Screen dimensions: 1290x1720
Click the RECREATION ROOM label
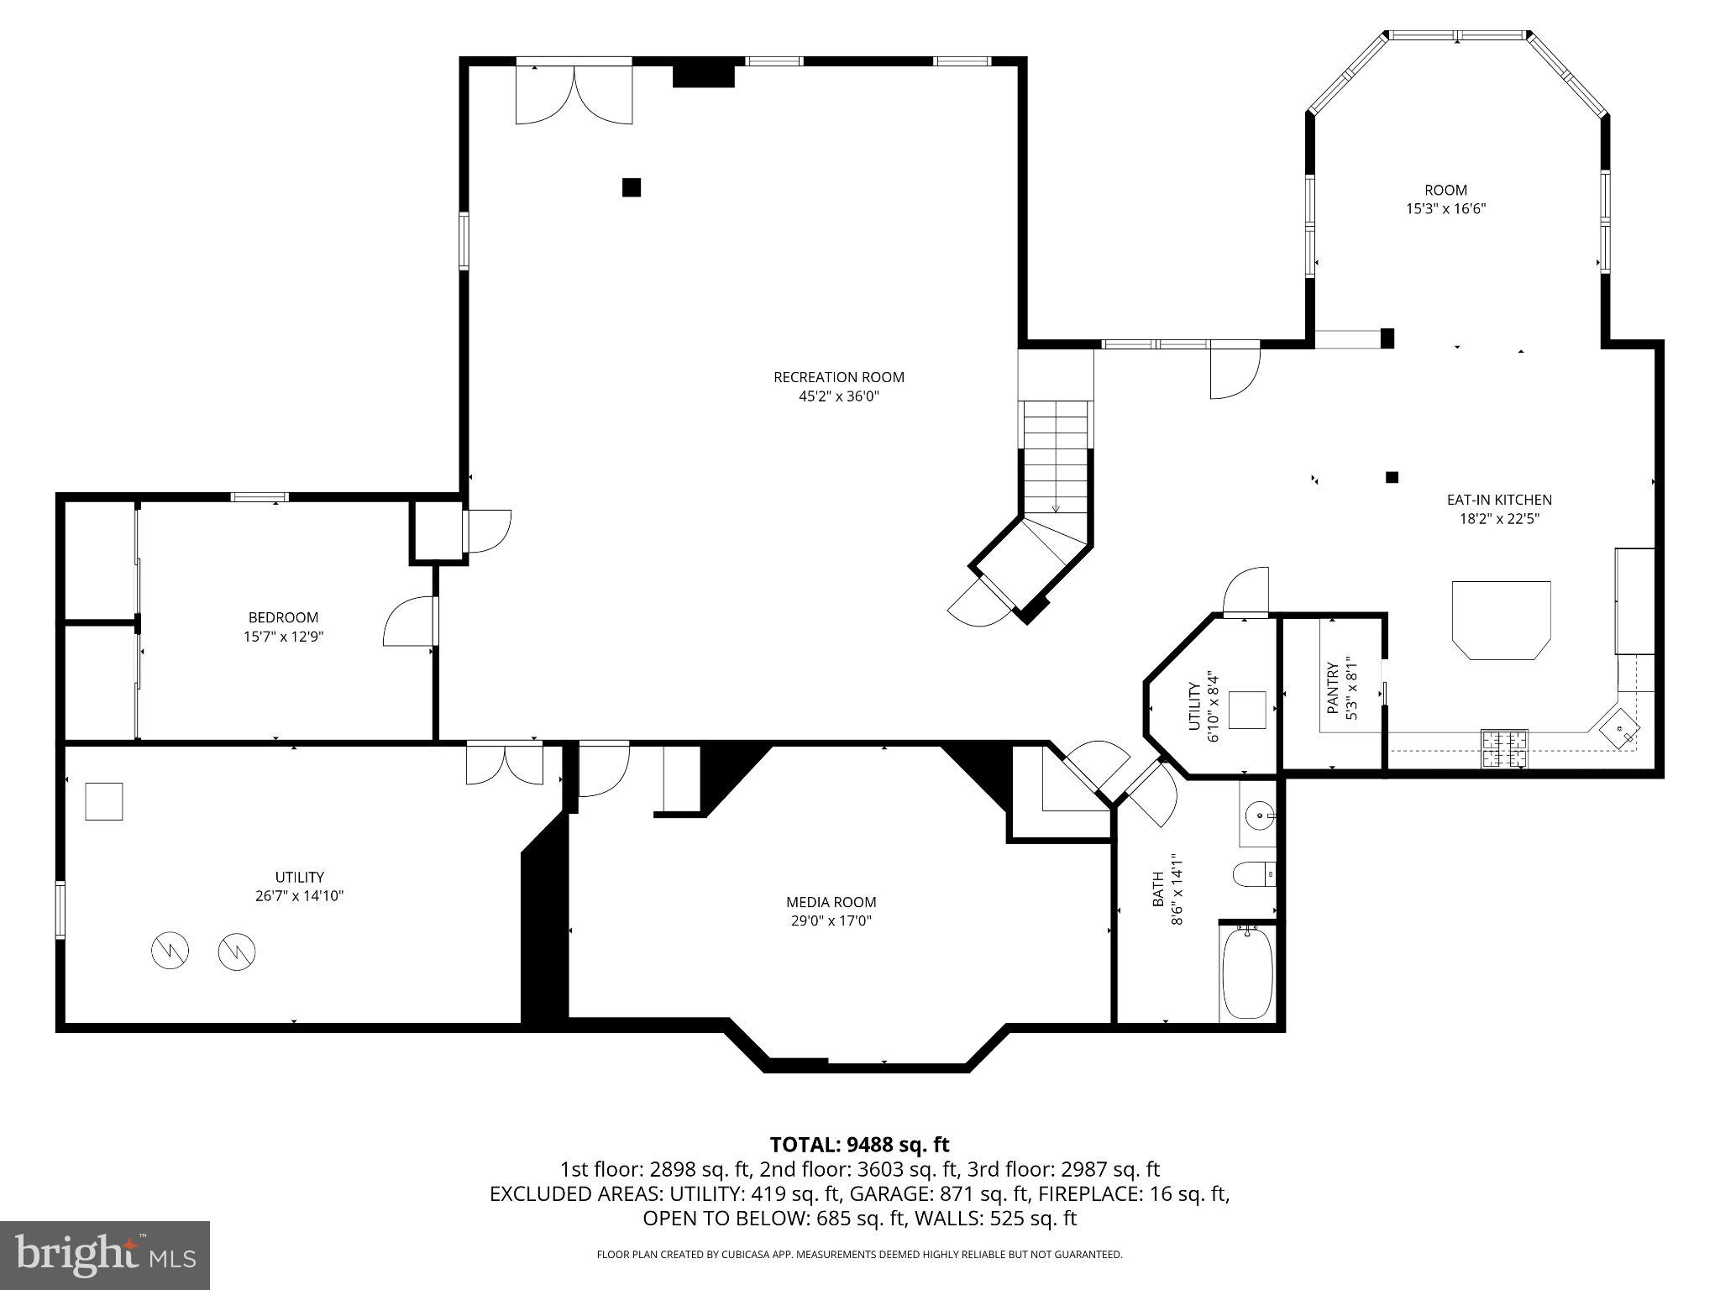point(838,377)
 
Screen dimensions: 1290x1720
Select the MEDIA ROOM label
point(831,902)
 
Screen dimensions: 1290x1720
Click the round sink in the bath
point(1259,814)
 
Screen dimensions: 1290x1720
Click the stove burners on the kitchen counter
point(1504,749)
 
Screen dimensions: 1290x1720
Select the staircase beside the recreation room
point(1056,470)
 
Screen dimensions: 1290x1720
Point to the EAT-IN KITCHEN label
point(1498,500)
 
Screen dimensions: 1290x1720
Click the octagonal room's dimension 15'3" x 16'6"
point(1445,208)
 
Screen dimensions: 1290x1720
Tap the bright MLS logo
point(105,1255)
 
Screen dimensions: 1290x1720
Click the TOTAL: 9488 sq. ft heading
point(859,1144)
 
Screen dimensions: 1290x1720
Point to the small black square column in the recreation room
point(632,186)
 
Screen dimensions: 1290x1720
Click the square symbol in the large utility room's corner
point(104,801)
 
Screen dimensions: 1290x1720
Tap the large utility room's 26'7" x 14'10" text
point(299,896)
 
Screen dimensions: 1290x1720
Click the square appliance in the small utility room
point(1247,710)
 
